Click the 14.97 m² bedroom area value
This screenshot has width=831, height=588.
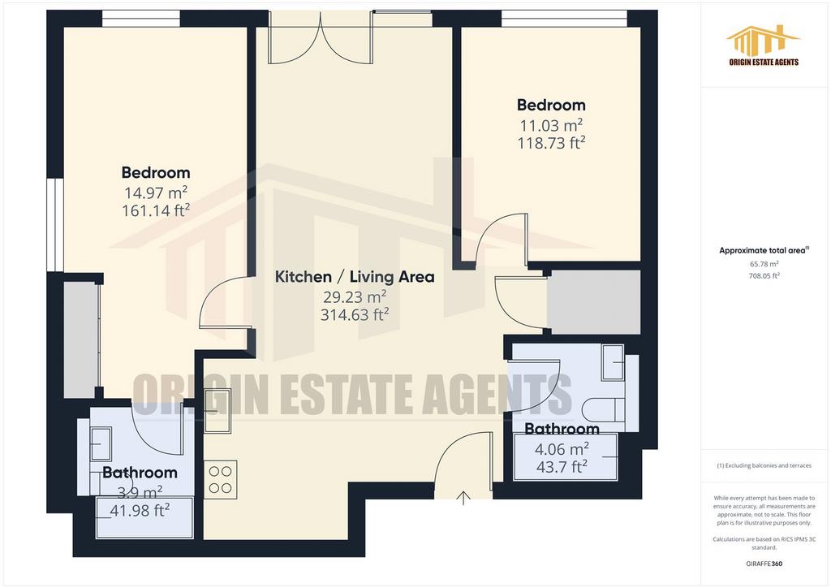pos(156,192)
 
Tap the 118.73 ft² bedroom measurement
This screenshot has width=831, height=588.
pos(551,143)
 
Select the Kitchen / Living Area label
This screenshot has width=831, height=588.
pos(355,276)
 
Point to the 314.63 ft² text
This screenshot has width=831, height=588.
pos(355,315)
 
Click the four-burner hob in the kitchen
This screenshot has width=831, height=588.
pos(221,480)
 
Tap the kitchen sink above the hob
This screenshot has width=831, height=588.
pos(217,411)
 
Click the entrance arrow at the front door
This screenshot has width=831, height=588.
pos(463,498)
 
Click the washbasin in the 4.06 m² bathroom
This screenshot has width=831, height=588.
pos(614,362)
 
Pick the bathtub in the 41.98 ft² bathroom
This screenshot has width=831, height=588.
pos(144,518)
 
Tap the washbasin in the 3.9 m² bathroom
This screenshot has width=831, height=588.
pos(101,443)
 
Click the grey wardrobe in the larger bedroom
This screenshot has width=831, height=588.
pos(81,339)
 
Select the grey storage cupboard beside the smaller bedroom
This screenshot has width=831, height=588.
pos(593,302)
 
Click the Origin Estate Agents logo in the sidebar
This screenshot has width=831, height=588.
pos(764,45)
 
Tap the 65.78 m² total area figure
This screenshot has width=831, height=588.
pos(764,264)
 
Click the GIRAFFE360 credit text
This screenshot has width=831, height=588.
pos(764,564)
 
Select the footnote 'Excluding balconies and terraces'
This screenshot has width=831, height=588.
pos(764,465)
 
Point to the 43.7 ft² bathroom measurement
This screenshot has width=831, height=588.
pos(562,466)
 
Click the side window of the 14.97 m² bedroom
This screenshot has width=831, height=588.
pos(55,225)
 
